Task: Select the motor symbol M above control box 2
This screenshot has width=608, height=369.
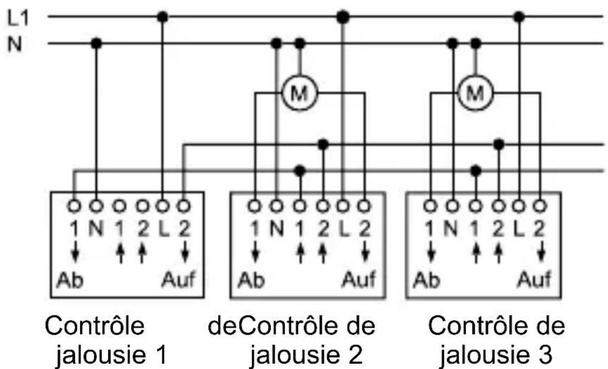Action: click(x=299, y=94)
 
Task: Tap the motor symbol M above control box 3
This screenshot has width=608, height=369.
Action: click(x=475, y=94)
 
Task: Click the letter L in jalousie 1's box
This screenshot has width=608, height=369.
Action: click(x=163, y=230)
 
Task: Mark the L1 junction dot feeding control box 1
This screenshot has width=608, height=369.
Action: click(x=163, y=17)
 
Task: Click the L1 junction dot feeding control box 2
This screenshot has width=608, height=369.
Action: click(x=343, y=17)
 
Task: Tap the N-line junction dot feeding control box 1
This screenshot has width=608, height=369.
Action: click(x=96, y=42)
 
